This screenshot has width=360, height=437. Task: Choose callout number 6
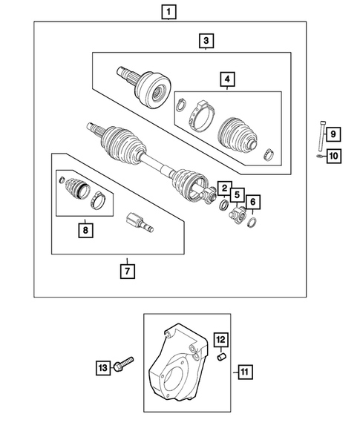tap(253, 202)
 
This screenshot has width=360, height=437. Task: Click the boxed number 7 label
tap(128, 270)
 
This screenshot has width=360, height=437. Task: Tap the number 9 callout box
tap(333, 134)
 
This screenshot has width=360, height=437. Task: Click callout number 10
tap(333, 156)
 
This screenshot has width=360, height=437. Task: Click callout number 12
tap(220, 341)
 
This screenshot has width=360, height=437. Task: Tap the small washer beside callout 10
tap(317, 156)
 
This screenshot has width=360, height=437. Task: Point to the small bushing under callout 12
tap(220, 358)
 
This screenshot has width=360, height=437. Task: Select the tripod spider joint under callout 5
tap(237, 215)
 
